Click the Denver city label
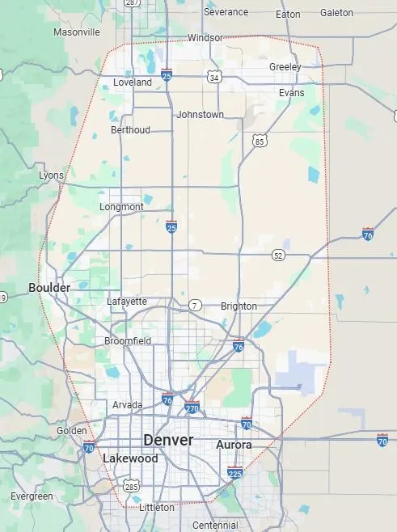(168, 440)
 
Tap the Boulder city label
(49, 287)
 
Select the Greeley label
(285, 66)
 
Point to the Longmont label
(121, 207)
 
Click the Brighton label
(239, 306)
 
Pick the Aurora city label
(234, 445)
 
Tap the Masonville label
(77, 32)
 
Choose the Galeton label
(336, 12)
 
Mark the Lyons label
(51, 175)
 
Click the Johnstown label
(200, 115)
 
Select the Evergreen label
(32, 496)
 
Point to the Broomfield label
(128, 341)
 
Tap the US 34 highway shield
(213, 77)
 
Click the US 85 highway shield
(259, 141)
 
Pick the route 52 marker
(278, 255)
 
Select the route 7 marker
(195, 305)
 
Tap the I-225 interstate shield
(235, 472)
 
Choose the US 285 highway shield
(131, 486)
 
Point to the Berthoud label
(130, 130)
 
